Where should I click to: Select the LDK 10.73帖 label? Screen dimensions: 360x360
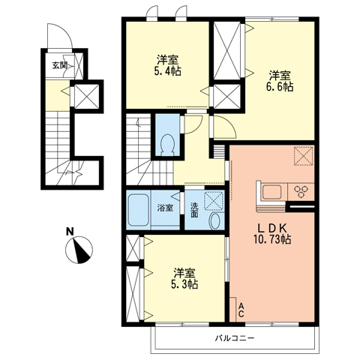pos(272,233)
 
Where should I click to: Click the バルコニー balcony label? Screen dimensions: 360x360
pos(235,338)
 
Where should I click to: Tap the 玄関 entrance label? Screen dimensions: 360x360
pos(59,65)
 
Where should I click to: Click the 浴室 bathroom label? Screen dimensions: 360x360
pos(165,208)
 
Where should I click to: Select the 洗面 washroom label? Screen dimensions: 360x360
pos(194,210)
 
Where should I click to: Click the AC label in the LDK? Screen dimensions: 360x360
pos(241,310)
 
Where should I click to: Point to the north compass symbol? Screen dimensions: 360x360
pos(79,250)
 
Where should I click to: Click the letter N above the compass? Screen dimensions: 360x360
pos(70,231)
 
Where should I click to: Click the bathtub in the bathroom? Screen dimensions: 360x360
pos(139,210)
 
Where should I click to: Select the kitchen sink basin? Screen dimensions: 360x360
pos(271,191)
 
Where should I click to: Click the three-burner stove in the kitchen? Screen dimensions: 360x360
pos(301,191)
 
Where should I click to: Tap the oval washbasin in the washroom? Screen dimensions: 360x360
pos(214,220)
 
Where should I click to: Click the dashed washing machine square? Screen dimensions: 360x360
pos(214,200)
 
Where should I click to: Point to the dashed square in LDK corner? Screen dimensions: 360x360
pos(304,156)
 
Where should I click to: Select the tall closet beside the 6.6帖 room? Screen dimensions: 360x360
pos(226,50)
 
